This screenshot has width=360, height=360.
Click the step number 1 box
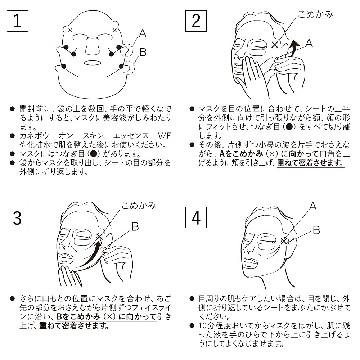17,21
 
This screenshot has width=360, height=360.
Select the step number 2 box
196,21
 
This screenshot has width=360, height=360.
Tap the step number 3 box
17,217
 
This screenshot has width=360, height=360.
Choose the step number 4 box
196,217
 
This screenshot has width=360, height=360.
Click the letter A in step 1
143,33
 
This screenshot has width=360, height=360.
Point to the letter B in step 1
143,52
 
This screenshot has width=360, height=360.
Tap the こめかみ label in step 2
315,14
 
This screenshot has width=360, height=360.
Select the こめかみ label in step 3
139,206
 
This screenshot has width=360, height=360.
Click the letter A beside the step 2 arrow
309,43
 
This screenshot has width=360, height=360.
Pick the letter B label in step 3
135,226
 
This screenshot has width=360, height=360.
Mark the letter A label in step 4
313,206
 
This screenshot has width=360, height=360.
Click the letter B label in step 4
316,230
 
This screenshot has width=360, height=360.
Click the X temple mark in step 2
275,45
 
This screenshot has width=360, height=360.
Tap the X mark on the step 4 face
284,241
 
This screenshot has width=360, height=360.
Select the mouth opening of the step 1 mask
92,63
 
